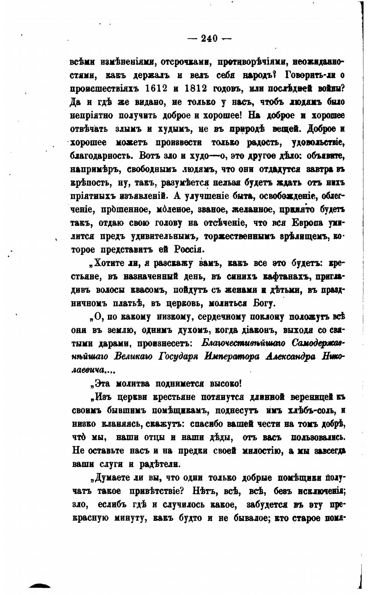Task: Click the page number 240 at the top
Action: (x=210, y=38)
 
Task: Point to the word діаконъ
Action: (x=250, y=330)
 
